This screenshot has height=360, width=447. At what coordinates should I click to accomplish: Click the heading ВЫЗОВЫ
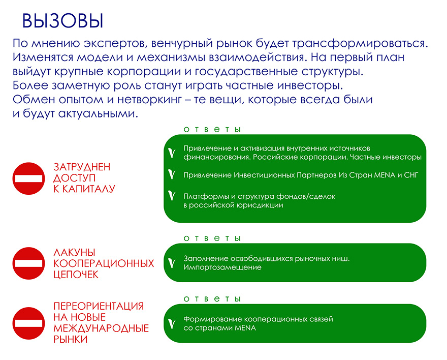tap(62, 21)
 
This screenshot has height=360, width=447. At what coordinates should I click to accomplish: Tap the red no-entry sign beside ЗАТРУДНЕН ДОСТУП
tap(28, 178)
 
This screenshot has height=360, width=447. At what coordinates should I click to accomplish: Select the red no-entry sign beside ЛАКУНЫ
tap(28, 263)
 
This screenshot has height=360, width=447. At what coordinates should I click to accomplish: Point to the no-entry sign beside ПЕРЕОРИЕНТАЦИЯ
tap(28, 323)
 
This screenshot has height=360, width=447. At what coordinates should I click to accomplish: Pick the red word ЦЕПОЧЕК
tap(76, 275)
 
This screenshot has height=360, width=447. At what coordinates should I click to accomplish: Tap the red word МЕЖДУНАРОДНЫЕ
tap(101, 328)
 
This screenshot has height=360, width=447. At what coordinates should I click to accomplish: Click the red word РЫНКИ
tap(71, 340)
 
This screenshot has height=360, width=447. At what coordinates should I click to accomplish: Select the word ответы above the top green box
tap(212, 130)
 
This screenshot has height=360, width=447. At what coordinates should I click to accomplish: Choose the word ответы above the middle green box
tap(212, 238)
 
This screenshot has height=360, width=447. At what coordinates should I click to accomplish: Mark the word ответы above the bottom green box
tap(212, 299)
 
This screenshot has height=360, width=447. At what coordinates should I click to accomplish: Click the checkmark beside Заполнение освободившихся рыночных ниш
tap(172, 263)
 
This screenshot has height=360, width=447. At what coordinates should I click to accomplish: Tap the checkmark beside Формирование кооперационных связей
tap(172, 323)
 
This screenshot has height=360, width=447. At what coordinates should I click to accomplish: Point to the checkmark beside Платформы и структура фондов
tap(172, 195)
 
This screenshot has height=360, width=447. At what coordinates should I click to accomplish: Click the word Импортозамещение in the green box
tap(222, 267)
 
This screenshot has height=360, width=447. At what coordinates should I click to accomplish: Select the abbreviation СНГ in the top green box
tap(411, 175)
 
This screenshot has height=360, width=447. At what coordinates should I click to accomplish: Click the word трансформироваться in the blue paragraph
tap(360, 43)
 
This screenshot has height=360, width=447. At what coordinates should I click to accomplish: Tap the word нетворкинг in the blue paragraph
tap(150, 100)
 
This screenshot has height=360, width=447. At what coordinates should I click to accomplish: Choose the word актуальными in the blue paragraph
tap(99, 113)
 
